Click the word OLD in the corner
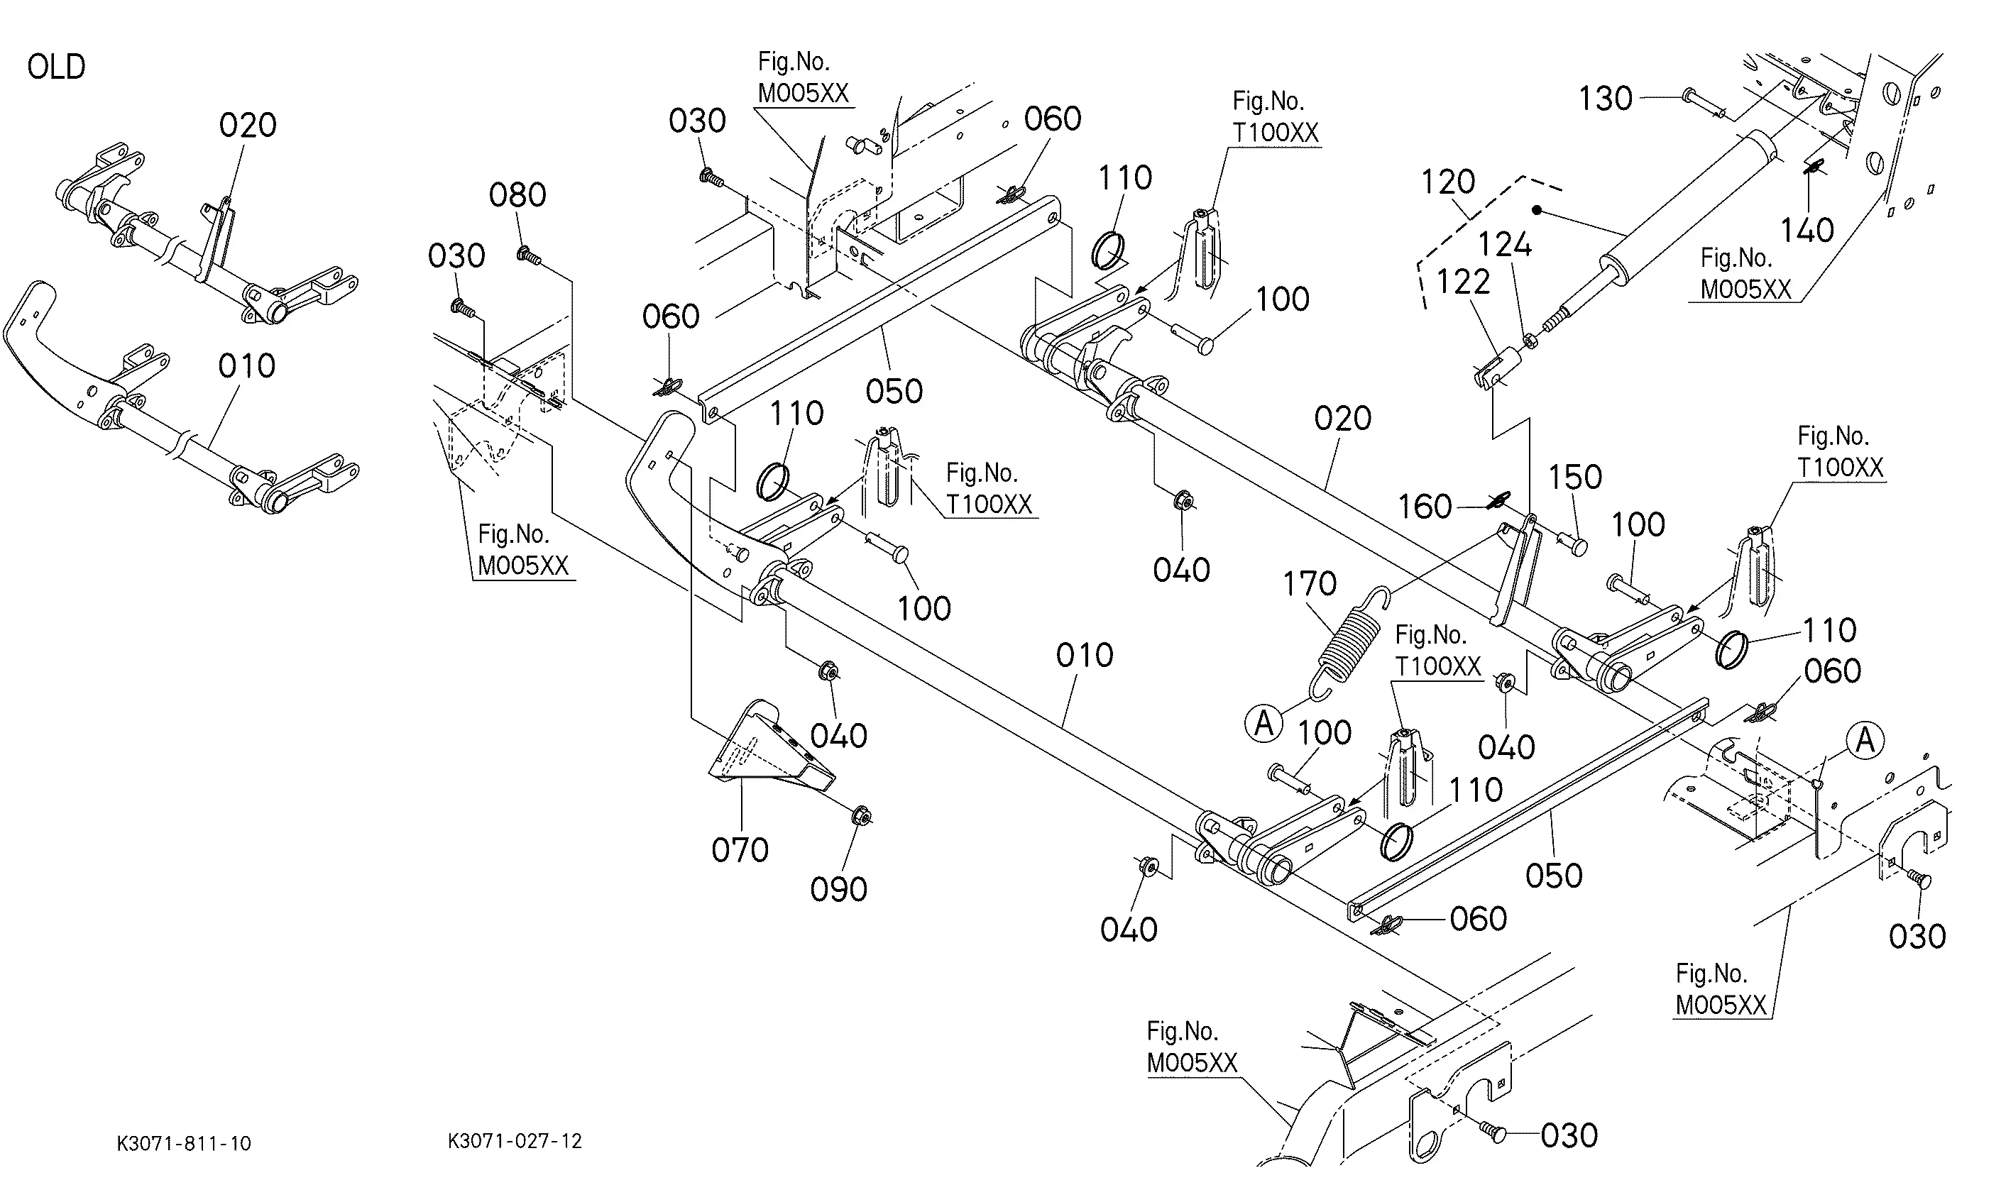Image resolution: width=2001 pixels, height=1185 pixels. point(56,67)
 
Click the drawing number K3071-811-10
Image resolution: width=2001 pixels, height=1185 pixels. point(184,1143)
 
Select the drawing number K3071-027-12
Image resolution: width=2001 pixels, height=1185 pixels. point(515,1141)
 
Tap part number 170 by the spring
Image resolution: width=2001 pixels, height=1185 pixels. point(1309,584)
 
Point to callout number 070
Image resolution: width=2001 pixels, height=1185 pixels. point(740,850)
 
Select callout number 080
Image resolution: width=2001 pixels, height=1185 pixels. point(517,196)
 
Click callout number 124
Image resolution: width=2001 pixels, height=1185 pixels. point(1505,244)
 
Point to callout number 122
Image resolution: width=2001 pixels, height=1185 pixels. point(1463,282)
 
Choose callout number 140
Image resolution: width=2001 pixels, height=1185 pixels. point(1808,231)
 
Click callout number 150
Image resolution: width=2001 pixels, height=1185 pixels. point(1575,478)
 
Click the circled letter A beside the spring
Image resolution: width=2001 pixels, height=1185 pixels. point(1263,724)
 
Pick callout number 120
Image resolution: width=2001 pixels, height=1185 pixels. point(1447,183)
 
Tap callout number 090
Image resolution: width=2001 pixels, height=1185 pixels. point(839,890)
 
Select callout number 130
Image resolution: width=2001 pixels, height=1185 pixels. point(1606,99)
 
